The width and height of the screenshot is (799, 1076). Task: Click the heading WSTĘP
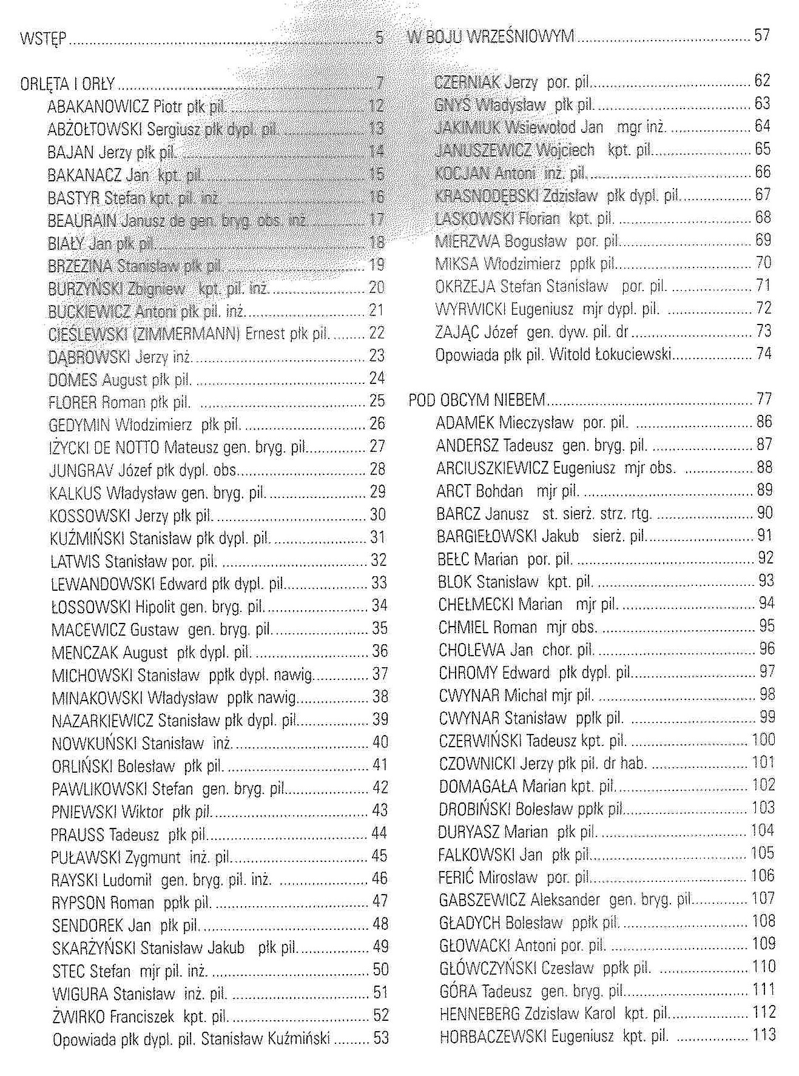42,40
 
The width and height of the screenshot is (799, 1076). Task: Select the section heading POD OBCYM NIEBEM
477,400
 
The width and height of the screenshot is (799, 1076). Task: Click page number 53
381,1038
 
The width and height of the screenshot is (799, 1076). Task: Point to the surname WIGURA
80,994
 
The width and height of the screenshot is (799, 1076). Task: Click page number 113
764,1035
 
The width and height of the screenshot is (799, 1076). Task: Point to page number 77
764,398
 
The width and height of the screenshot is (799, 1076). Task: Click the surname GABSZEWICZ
482,899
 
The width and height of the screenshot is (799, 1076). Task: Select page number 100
763,739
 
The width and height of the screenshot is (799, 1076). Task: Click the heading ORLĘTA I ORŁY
67,83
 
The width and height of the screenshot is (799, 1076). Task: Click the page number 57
762,35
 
